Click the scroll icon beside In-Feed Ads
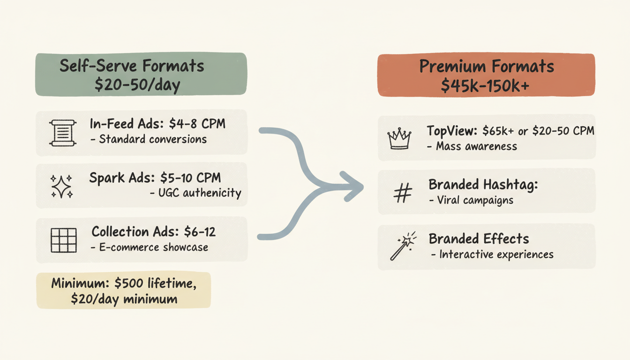(x=62, y=133)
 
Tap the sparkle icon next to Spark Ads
(x=61, y=186)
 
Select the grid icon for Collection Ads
(x=63, y=240)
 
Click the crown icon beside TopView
(x=399, y=138)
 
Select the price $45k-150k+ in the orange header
(x=486, y=85)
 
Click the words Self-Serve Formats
(x=132, y=66)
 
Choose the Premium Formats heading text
(x=487, y=67)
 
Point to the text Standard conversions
(x=152, y=139)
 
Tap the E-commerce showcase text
(x=154, y=247)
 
